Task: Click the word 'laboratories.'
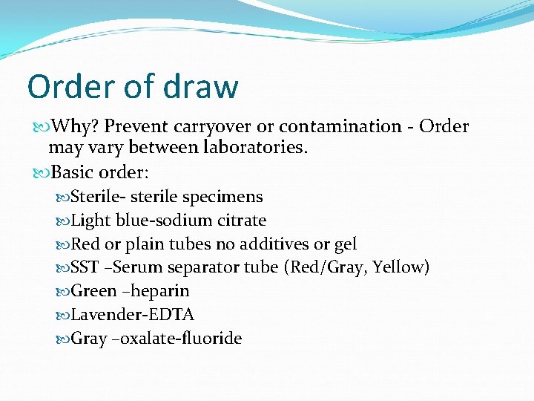(x=254, y=148)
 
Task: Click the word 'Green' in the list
(x=93, y=291)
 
